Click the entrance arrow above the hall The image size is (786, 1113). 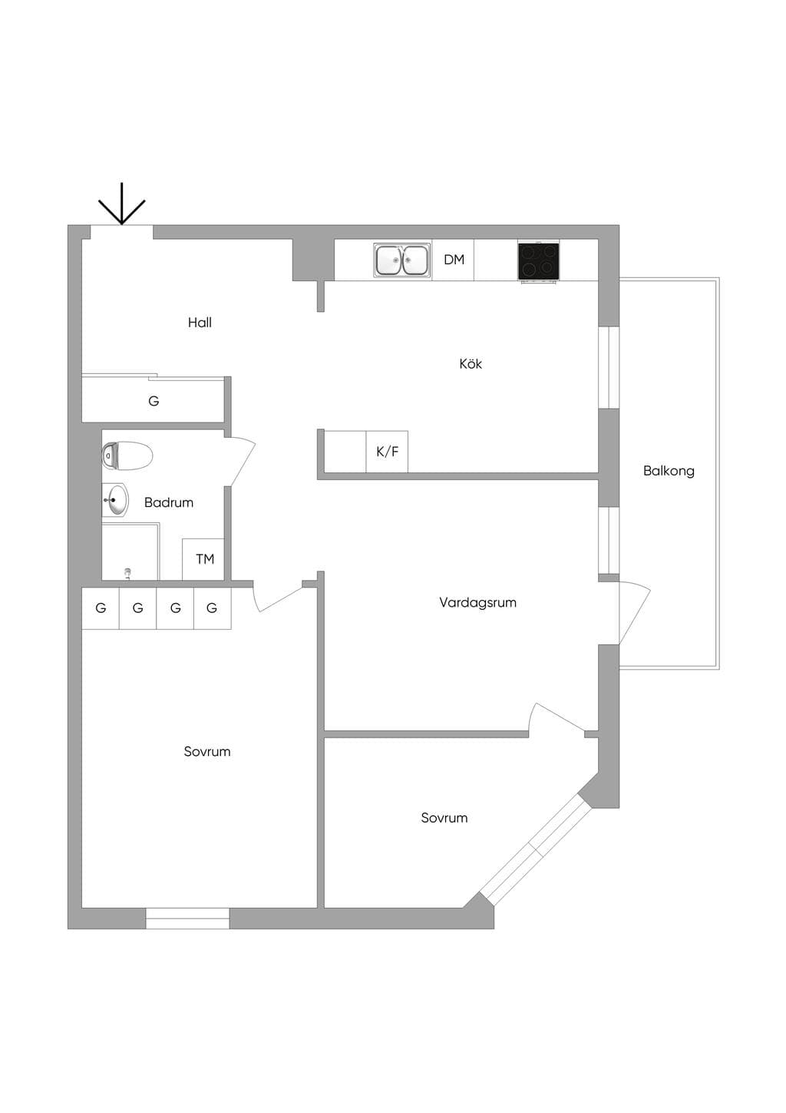click(121, 204)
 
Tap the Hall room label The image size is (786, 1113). click(200, 323)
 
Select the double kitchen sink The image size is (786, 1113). click(402, 260)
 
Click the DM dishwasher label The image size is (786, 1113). click(454, 260)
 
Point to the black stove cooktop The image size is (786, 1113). click(539, 261)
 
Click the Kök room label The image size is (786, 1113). click(471, 364)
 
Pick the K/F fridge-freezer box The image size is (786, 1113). click(387, 452)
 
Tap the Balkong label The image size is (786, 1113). click(669, 471)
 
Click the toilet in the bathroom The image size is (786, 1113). click(127, 455)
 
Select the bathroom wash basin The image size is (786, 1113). click(115, 499)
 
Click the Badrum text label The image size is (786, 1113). click(168, 502)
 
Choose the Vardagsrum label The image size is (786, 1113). click(477, 602)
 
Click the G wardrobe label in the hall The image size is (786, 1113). click(154, 400)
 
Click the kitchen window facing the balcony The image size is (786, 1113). click(609, 367)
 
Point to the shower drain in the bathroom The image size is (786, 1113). click(128, 573)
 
